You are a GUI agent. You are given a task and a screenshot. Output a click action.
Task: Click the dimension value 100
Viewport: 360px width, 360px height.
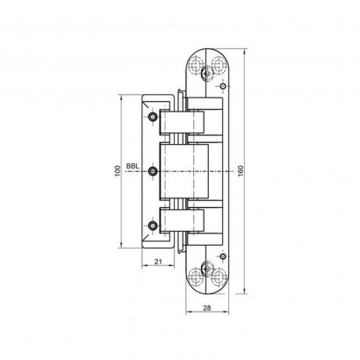(x=117, y=166)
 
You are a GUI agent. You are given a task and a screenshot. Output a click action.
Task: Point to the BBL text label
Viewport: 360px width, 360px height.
(x=132, y=165)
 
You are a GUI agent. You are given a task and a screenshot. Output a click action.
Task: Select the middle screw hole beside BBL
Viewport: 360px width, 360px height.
(x=154, y=170)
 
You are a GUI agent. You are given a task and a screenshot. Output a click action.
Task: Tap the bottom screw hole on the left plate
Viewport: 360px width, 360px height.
(x=154, y=226)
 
